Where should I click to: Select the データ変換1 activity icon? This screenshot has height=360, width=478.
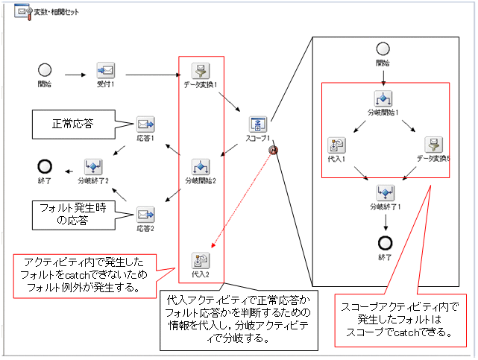200,71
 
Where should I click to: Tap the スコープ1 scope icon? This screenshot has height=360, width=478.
257,124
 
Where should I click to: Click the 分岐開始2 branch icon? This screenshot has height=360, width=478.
200,166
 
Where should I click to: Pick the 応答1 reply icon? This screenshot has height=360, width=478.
145,124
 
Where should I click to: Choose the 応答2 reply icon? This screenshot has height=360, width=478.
145,215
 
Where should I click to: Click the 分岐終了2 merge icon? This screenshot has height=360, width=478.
93,166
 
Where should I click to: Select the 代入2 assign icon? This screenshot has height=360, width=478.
200,260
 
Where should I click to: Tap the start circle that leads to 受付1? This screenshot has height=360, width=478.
45,71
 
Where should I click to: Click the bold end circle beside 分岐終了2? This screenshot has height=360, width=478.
45,166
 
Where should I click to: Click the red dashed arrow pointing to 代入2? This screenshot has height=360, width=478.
242,198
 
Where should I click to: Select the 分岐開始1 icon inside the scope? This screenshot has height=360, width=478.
383,98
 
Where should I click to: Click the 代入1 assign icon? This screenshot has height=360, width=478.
336,145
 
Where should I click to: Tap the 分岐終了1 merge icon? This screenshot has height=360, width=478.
385,193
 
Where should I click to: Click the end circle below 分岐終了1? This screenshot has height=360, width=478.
385,243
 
